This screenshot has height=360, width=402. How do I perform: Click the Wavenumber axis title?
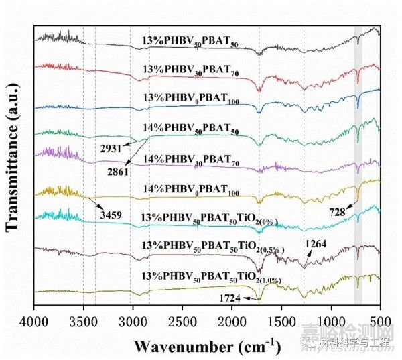tap(206, 346)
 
